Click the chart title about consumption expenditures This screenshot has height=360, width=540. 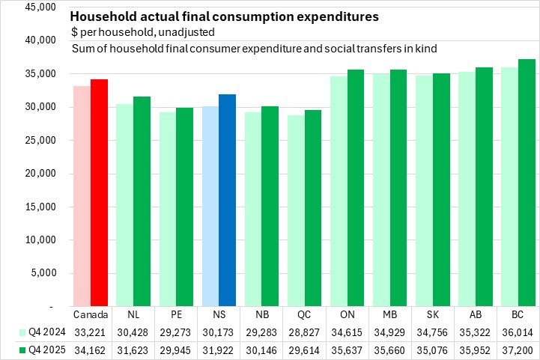click(x=224, y=16)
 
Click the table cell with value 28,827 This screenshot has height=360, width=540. click(x=304, y=332)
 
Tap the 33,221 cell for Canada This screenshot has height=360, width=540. click(x=91, y=332)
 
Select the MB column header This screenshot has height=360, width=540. click(x=389, y=315)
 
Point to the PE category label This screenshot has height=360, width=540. click(x=176, y=315)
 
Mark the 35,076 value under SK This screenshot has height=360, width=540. click(x=432, y=349)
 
